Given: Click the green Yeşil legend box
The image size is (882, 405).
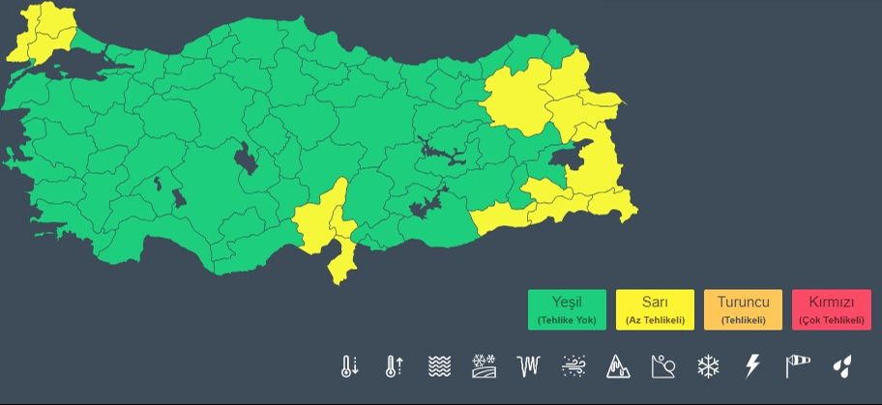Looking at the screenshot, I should tap(567, 310).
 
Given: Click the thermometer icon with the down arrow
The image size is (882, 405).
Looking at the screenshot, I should tap(349, 366).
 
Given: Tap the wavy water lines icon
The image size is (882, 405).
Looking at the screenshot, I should tap(439, 366).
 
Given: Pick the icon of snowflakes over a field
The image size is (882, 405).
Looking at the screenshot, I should tap(484, 366).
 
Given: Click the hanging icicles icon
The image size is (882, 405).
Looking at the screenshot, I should tap(528, 366).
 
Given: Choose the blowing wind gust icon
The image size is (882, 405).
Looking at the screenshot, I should tap(573, 366).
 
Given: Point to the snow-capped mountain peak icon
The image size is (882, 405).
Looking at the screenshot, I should tap(618, 366).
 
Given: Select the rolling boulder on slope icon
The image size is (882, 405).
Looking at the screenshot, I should tap(663, 366).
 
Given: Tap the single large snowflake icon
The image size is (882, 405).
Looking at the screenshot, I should tap(708, 366).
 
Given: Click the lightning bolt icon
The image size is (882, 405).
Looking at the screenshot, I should tap(752, 366).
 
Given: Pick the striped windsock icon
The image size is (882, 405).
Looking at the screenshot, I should tap(797, 366).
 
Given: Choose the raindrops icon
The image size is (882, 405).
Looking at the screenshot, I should tap(842, 366).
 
